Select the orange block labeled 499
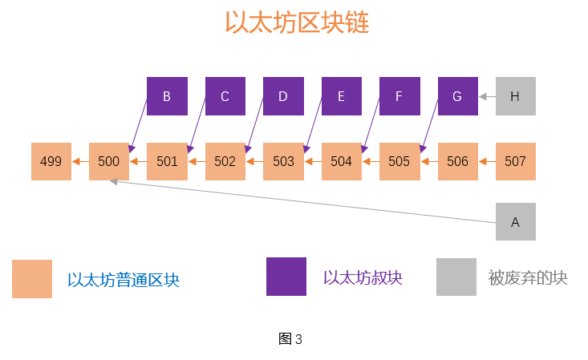51,161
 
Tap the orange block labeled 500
109,161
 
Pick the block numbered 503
283,161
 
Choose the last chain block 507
515,161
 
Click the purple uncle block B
167,96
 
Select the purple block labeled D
283,96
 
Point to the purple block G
457,96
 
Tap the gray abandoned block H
515,96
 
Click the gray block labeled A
515,222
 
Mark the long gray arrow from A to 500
305,201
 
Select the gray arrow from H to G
487,96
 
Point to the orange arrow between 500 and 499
80,161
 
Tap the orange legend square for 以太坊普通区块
32,279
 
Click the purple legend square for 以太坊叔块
286,277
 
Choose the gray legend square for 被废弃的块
456,277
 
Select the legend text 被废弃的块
528,278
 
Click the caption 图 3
290,339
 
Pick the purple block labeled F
399,96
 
